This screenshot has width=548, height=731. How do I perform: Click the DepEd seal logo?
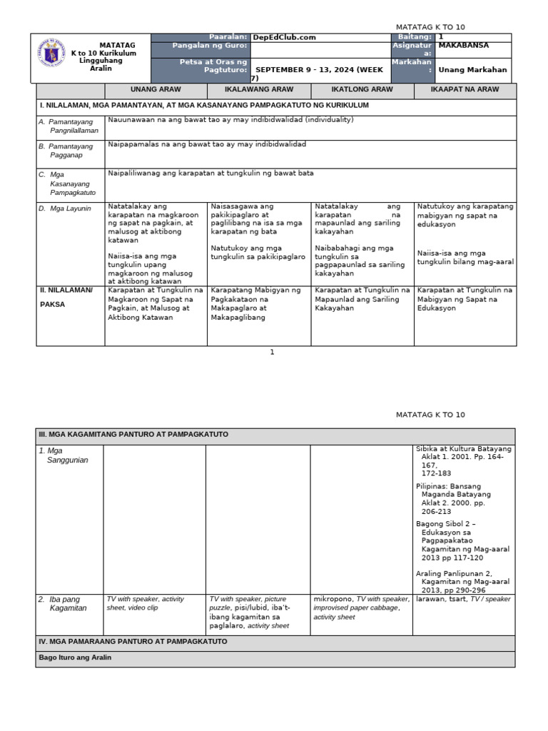51,57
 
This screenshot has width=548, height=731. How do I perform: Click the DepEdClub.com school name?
285,38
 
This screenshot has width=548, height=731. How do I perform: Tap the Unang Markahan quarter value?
472,69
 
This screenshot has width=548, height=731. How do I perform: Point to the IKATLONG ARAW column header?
362,90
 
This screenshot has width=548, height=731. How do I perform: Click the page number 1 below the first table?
272,352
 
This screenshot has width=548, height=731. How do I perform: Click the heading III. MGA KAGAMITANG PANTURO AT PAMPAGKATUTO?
133,433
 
